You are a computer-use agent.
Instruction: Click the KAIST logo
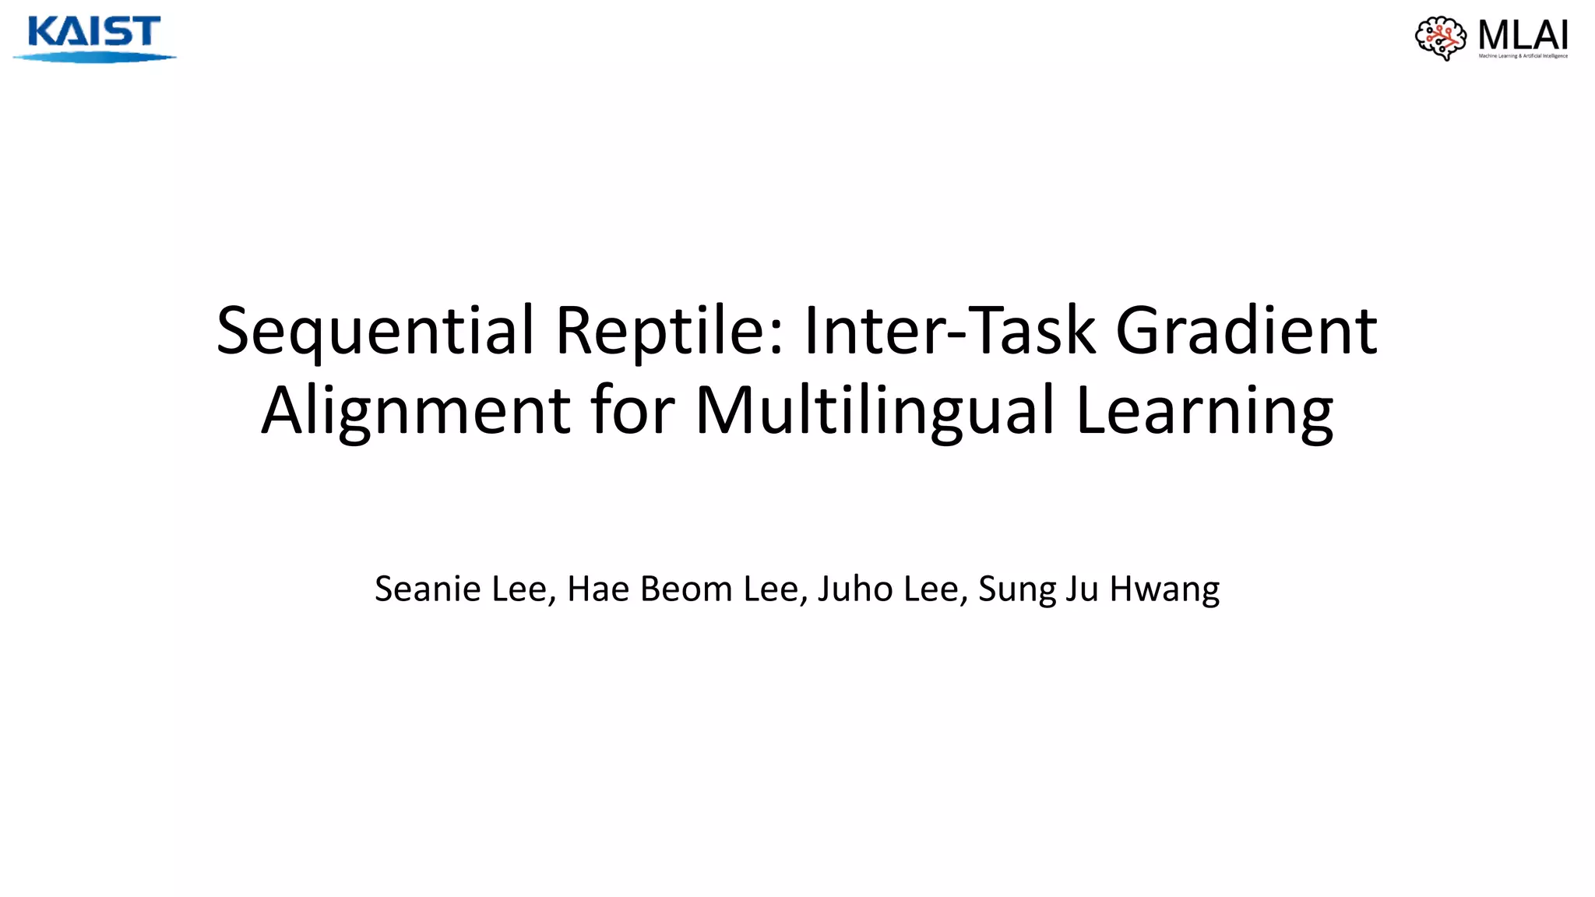pos(93,37)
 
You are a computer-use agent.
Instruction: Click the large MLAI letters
pos(1523,34)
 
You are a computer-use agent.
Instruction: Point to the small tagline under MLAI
pos(1523,56)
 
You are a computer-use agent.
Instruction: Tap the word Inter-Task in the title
pos(949,330)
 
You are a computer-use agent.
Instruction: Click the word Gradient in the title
pos(1247,330)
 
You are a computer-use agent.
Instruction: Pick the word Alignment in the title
pos(416,411)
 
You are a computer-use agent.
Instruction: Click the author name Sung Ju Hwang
pos(1099,590)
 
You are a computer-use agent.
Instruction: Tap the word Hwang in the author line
pos(1164,590)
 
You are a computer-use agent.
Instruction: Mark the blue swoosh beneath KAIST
pos(93,57)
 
